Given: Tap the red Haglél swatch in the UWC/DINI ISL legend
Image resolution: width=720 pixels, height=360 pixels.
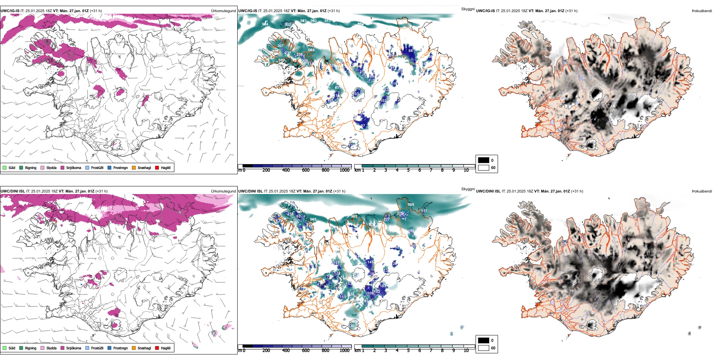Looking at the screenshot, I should click(157, 348).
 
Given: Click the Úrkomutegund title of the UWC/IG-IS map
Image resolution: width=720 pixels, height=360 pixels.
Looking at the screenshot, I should click(223, 11).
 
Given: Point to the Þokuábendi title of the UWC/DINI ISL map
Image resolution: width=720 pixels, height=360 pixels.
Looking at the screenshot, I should click(702, 191).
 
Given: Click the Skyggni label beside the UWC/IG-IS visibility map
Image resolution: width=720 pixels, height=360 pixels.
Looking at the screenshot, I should click(468, 9).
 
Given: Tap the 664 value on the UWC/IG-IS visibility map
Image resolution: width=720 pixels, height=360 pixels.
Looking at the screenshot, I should click(311, 50).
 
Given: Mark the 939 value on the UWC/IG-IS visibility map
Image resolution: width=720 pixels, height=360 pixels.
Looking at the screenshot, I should click(282, 60).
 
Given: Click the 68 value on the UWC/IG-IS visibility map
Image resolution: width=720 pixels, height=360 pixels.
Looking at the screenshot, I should click(410, 50).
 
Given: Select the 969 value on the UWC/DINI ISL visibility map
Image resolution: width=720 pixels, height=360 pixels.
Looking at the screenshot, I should click(313, 219).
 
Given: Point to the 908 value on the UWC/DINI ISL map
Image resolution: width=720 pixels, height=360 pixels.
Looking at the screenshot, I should click(411, 205).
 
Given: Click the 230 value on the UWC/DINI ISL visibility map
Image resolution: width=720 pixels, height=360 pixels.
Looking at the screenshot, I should click(351, 326).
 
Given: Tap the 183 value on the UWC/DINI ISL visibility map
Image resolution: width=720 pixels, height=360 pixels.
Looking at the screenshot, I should click(383, 286).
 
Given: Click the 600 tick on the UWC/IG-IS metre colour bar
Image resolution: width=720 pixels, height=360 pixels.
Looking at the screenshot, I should click(306, 170).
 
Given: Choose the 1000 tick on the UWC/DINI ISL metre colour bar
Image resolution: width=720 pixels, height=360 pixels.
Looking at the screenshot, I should click(344, 351).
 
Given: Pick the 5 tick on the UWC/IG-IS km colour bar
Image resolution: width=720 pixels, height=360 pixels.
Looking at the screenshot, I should click(408, 170).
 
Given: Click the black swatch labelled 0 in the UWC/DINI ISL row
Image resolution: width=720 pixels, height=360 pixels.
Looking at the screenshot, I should click(484, 340).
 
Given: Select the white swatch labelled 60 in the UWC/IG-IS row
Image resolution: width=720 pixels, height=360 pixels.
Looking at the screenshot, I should click(484, 167).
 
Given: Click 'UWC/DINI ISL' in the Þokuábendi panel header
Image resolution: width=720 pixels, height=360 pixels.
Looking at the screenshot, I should click(488, 191).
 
